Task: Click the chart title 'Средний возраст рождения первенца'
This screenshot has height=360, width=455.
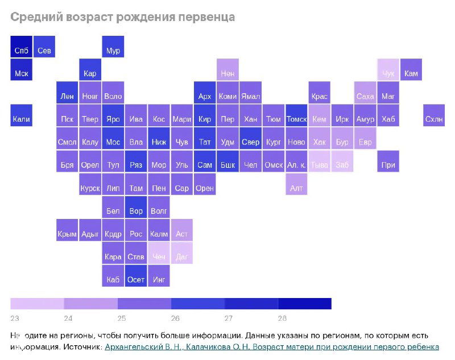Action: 122,17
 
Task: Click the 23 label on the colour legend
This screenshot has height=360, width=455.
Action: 15,318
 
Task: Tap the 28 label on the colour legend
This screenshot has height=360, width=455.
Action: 282,318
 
